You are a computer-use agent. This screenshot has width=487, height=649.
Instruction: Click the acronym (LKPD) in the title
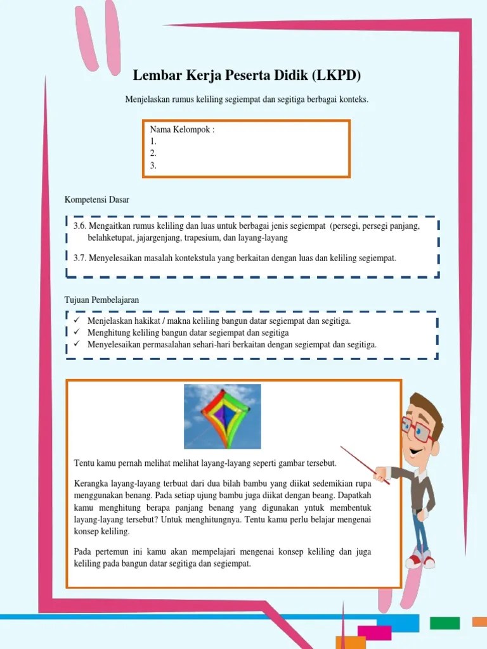click(x=336, y=76)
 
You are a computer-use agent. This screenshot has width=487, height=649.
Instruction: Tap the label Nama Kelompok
click(x=182, y=130)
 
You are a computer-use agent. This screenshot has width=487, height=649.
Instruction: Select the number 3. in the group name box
click(x=153, y=165)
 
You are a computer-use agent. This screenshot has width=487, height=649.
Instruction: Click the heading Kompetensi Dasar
click(x=97, y=200)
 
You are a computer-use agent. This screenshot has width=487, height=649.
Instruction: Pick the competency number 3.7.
click(x=79, y=258)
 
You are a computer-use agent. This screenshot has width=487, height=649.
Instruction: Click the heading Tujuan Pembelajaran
click(x=101, y=299)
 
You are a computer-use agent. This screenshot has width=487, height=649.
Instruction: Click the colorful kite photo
click(x=222, y=416)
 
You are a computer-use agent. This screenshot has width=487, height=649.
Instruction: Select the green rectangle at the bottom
click(x=445, y=623)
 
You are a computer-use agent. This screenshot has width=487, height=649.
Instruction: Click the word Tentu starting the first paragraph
click(x=85, y=463)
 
